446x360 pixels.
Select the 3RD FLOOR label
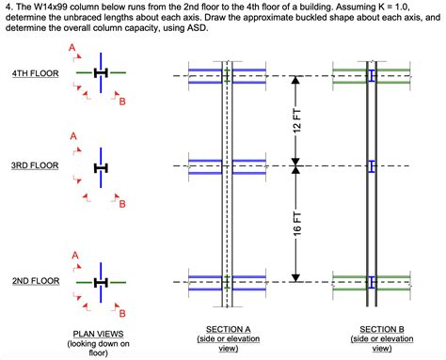pyautogui.click(x=35, y=166)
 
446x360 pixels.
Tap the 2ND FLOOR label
pyautogui.click(x=35, y=281)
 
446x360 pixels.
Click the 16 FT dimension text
pyautogui.click(x=297, y=224)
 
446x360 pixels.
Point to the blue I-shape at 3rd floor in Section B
pyautogui.click(x=372, y=166)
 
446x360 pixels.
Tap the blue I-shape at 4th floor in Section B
pyautogui.click(x=372, y=75)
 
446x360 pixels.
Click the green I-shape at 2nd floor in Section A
pyautogui.click(x=226, y=281)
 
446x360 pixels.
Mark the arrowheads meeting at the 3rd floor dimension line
pyautogui.click(x=297, y=166)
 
